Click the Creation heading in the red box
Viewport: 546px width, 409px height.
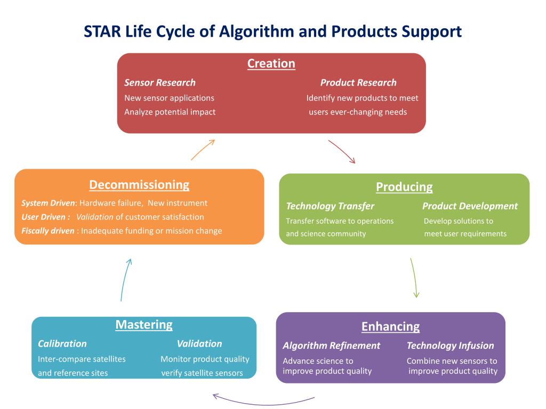(x=271, y=64)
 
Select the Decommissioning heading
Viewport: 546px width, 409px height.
(x=139, y=185)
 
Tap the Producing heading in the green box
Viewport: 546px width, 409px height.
(x=404, y=187)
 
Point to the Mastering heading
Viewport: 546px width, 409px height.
(x=144, y=325)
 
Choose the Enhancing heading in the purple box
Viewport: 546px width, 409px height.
(x=390, y=326)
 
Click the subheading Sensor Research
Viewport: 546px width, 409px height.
(x=160, y=83)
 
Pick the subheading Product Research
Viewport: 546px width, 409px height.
(x=358, y=83)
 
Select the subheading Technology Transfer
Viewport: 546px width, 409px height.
(x=330, y=206)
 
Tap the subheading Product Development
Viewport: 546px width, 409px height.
(x=470, y=206)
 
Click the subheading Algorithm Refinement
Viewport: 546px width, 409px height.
(x=331, y=346)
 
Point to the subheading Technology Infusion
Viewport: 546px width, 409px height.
(x=450, y=346)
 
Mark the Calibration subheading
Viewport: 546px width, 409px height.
(x=62, y=343)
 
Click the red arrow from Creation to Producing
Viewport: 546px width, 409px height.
(x=341, y=151)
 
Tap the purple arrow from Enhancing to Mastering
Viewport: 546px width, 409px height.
(x=263, y=400)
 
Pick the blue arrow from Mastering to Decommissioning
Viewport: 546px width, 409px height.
(x=125, y=279)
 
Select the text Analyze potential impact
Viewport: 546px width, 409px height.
(x=170, y=112)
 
